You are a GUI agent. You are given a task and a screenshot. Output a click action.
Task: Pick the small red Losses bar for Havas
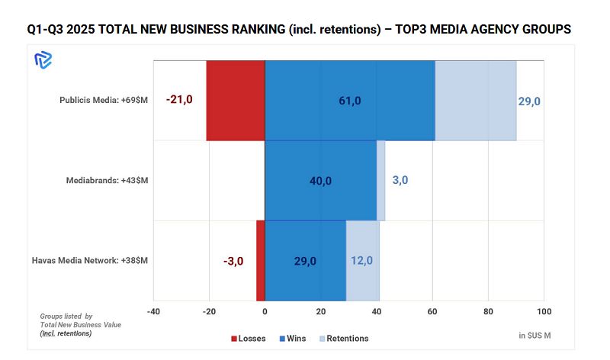coord(261,260)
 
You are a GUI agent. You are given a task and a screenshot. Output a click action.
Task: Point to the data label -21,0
coord(179,100)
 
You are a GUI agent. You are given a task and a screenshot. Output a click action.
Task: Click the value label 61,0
coord(350,101)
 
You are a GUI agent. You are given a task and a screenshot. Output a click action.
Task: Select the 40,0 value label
coord(320,181)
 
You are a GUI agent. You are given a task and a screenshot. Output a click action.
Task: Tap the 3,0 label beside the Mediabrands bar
coord(400,180)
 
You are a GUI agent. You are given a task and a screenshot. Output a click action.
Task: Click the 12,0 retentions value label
coord(361,260)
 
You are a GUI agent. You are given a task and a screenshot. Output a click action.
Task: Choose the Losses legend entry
coord(249,338)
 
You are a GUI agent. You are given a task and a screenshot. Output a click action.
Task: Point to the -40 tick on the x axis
coord(153,312)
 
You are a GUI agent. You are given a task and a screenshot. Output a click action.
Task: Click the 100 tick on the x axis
coord(544,312)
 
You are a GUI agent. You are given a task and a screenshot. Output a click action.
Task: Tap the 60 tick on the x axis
coord(432,312)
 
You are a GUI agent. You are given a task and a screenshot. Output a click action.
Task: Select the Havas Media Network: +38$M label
coord(90,260)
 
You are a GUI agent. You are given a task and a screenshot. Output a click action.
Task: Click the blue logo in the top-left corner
coord(43,60)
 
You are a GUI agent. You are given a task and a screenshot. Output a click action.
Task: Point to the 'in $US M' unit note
coord(534,336)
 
